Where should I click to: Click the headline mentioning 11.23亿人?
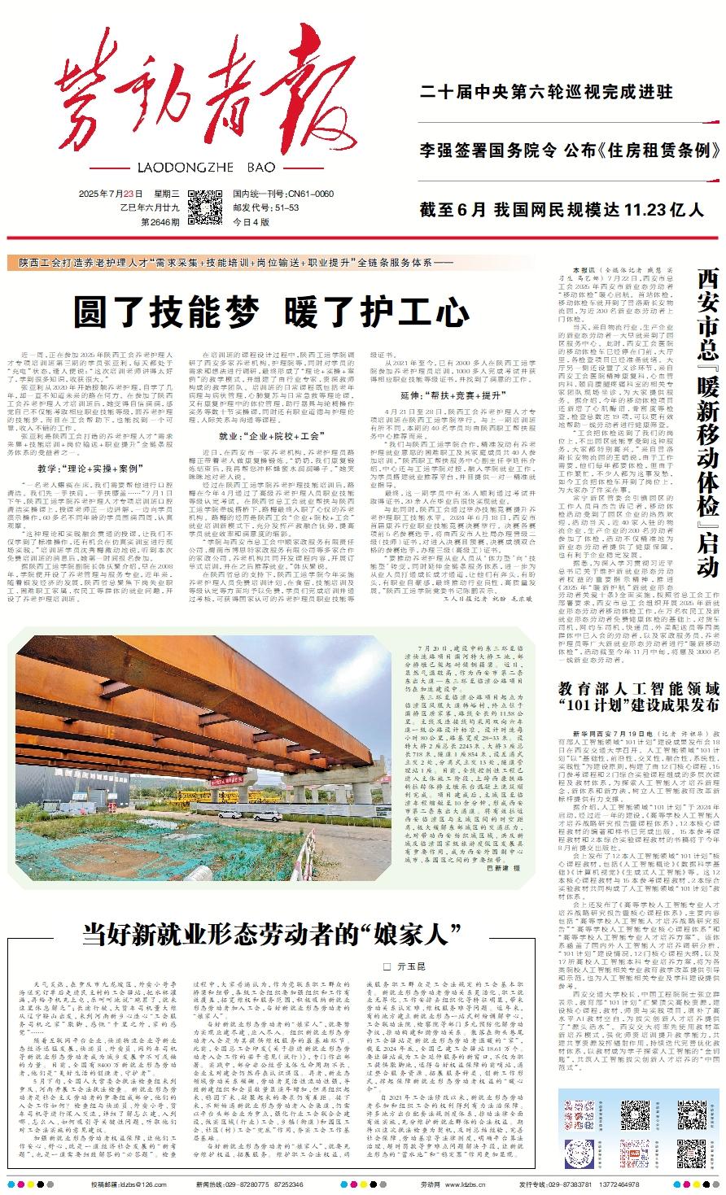click(562, 210)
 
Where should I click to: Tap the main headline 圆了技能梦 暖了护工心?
click(272, 311)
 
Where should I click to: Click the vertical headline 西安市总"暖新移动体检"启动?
click(705, 424)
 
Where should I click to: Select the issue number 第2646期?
click(161, 221)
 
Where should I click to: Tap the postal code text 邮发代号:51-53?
click(265, 207)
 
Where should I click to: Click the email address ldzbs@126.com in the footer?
click(147, 1184)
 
